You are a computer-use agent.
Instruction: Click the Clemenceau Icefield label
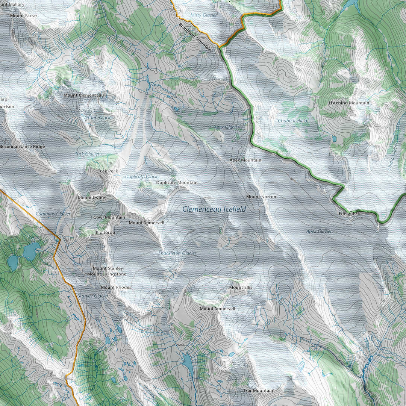[214, 209]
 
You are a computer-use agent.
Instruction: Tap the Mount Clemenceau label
[83, 95]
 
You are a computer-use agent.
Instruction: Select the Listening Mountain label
[349, 103]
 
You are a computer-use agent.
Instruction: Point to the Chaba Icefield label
[292, 121]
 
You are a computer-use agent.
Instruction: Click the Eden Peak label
[349, 214]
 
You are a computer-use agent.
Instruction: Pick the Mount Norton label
[261, 197]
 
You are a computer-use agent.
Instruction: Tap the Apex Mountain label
[245, 160]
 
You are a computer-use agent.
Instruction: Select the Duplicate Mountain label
[177, 183]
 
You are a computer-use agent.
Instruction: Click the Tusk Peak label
[108, 171]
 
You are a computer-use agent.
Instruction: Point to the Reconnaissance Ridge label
[23, 147]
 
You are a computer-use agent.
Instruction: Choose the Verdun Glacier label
[98, 118]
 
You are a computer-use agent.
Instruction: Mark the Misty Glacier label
[203, 15]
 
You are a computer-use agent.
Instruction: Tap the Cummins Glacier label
[53, 214]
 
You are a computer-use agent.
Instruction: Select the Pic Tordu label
[105, 232]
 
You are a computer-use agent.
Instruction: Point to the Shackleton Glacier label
[177, 253]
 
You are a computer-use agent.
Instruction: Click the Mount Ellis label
[241, 287]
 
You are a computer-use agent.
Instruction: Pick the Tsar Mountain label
[258, 391]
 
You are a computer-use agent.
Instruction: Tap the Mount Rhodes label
[116, 287]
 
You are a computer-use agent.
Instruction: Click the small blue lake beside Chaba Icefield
[334, 139]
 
